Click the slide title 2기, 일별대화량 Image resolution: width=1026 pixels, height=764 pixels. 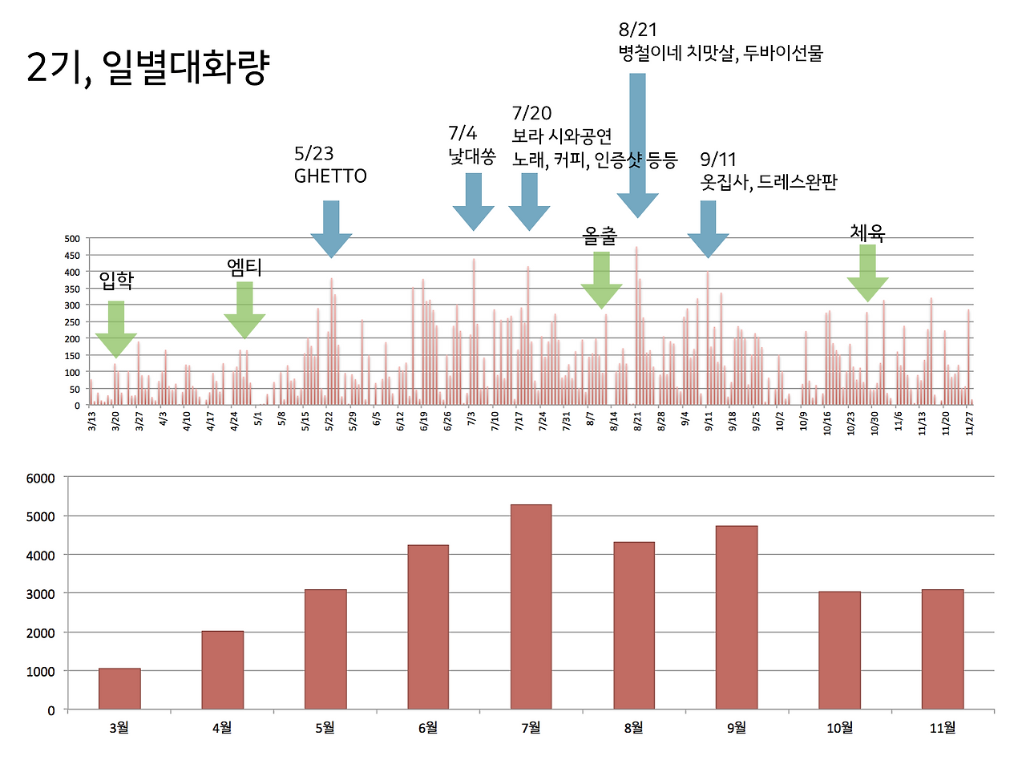[147, 67]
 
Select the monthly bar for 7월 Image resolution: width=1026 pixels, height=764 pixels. [531, 606]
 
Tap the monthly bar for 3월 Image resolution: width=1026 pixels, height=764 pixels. [119, 688]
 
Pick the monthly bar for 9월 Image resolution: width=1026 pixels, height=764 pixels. [737, 617]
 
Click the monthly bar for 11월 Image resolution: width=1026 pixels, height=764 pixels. [943, 649]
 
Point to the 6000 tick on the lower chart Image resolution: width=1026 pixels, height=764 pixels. [41, 479]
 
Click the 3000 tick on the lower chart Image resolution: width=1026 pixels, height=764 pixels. [41, 594]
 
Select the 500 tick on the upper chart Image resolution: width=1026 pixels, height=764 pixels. [72, 239]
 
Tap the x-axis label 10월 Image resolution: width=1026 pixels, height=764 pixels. [839, 728]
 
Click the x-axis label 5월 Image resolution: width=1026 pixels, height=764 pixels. [325, 728]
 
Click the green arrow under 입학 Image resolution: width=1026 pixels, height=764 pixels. [116, 328]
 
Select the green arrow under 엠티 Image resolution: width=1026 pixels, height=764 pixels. [244, 309]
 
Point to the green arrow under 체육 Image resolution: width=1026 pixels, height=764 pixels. [867, 273]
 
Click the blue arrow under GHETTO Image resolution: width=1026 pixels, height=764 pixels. [331, 228]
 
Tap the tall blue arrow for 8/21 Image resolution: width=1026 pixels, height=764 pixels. [637, 144]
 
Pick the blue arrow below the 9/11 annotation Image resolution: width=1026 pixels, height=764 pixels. [708, 228]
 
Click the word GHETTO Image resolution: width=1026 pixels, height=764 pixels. [330, 176]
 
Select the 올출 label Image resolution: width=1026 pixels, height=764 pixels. [600, 236]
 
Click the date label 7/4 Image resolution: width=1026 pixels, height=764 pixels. [463, 133]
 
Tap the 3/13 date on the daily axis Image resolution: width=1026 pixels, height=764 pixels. [91, 421]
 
